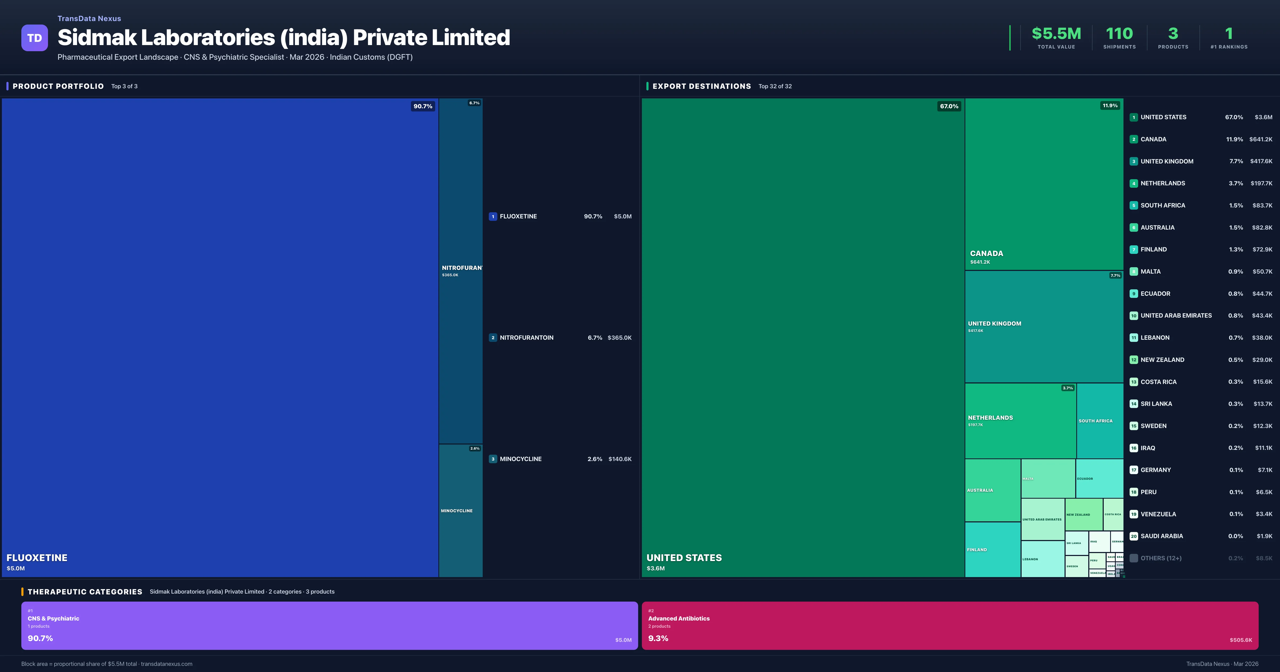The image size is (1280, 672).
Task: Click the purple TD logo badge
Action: pyautogui.click(x=34, y=38)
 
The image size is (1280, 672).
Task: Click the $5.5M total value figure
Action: pyautogui.click(x=1056, y=34)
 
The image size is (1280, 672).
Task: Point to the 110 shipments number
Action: pyautogui.click(x=1119, y=34)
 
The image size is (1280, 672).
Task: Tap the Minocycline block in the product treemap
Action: pyautogui.click(x=460, y=510)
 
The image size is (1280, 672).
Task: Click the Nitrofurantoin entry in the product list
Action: pyautogui.click(x=526, y=338)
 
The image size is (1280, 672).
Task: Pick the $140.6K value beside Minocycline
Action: pyautogui.click(x=620, y=459)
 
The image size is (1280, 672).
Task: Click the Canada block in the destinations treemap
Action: pyautogui.click(x=1043, y=184)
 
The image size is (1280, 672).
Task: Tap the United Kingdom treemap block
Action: pyautogui.click(x=1043, y=327)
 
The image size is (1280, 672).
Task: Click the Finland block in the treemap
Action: pyautogui.click(x=992, y=549)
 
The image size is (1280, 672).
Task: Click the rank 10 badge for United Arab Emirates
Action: pyautogui.click(x=1133, y=316)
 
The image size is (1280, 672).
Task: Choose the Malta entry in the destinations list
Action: pyautogui.click(x=1150, y=271)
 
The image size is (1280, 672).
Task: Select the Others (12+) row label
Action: pyautogui.click(x=1161, y=558)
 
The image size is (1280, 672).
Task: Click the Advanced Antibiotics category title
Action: pyautogui.click(x=679, y=618)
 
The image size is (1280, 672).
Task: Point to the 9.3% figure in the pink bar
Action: pyautogui.click(x=658, y=638)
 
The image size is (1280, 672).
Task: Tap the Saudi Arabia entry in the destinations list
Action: pyautogui.click(x=1161, y=536)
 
